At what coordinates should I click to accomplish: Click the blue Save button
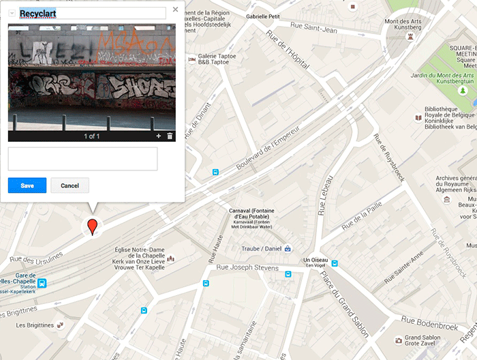[x=27, y=185]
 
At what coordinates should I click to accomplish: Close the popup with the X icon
[x=176, y=10]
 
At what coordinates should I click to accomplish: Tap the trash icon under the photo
[x=170, y=136]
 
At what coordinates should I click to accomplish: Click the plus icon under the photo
[x=158, y=136]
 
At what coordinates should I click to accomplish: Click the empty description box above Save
[x=82, y=158]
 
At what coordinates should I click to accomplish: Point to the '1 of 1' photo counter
[x=92, y=136]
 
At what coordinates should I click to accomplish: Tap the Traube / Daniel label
[x=262, y=248]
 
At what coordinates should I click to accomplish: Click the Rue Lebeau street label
[x=324, y=196]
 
